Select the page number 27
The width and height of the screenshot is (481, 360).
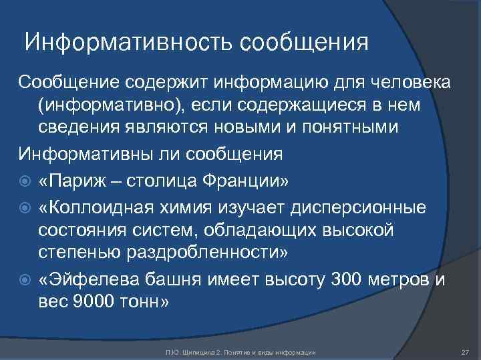tap(466, 351)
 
